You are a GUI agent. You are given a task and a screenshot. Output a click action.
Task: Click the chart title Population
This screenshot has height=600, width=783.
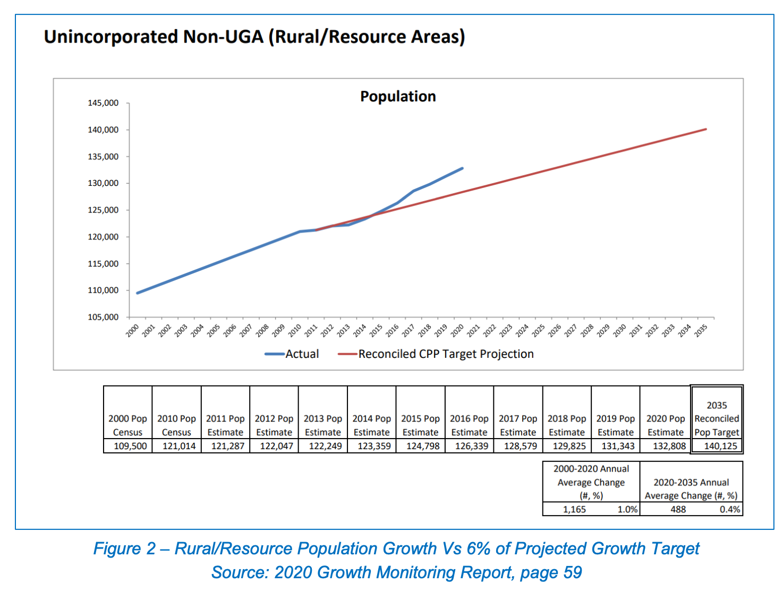coord(398,96)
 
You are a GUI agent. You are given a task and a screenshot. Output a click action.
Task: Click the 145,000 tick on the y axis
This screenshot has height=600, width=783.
coord(103,103)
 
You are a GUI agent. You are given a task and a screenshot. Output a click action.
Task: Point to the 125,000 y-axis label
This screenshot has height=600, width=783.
coord(103,210)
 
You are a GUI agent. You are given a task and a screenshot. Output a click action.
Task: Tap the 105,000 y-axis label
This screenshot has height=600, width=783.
coord(103,318)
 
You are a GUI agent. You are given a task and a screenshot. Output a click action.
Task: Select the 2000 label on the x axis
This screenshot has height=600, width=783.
coord(132,330)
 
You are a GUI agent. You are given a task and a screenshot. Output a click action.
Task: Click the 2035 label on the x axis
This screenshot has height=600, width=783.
coord(701,330)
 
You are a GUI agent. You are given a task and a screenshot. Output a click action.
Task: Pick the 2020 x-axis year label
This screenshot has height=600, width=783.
coord(457,330)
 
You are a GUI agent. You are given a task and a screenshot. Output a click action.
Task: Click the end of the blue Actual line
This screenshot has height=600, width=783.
coord(462,168)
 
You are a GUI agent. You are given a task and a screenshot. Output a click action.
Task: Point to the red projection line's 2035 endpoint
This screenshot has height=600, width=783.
coord(706,129)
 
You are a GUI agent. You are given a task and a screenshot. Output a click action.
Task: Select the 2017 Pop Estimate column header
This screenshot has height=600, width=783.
coord(518,425)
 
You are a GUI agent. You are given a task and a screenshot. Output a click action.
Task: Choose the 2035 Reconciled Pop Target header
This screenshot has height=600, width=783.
coord(717,418)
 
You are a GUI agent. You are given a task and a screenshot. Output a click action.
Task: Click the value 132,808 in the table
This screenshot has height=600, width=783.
coord(669,446)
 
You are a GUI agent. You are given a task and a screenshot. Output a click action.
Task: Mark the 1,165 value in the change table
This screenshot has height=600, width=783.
coord(574,510)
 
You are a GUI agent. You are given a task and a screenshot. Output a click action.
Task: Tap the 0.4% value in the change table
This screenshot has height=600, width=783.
coord(730,510)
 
